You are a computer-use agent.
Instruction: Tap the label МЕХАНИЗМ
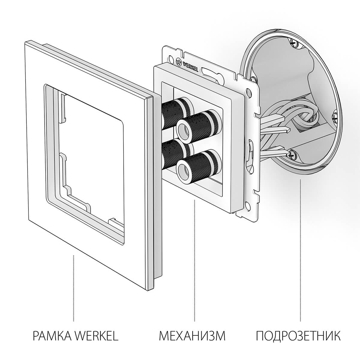pos(192,336)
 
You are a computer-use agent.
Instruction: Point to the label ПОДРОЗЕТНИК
pos(298,336)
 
